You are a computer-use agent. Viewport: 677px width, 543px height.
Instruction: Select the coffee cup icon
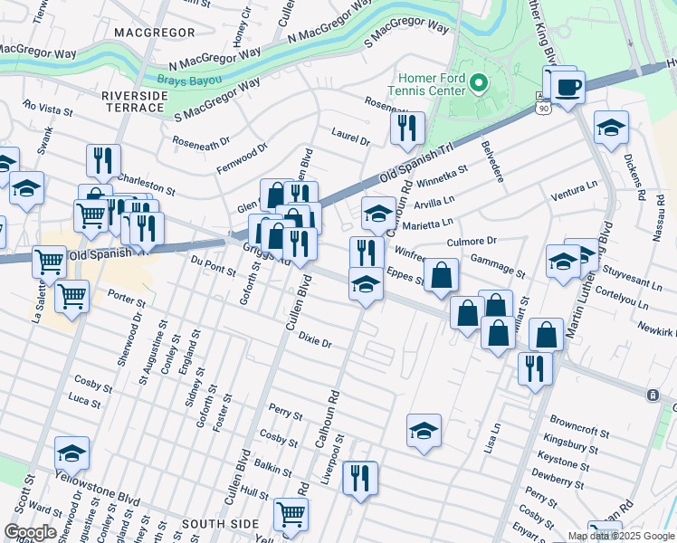pos(567,89)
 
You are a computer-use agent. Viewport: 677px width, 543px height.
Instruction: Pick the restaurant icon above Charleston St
pos(103,160)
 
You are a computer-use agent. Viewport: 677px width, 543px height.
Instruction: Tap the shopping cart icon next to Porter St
pos(71,295)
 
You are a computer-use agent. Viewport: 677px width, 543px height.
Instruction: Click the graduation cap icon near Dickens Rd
pos(611,128)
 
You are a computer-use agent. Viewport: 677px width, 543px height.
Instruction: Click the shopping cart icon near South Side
pos(291,515)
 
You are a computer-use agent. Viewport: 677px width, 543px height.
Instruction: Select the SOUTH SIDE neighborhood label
pos(215,524)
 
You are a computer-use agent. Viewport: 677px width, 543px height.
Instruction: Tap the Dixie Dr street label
pos(315,340)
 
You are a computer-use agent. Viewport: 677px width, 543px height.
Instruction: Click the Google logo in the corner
pos(29,532)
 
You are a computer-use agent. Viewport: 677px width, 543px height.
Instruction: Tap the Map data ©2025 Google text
pos(621,536)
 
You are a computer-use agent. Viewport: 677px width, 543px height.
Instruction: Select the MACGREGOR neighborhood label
pos(155,33)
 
